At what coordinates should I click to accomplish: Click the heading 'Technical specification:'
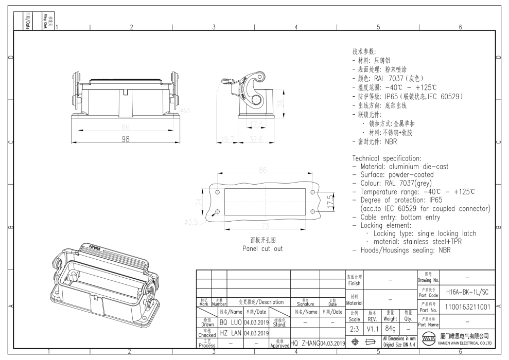(x=387, y=158)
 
